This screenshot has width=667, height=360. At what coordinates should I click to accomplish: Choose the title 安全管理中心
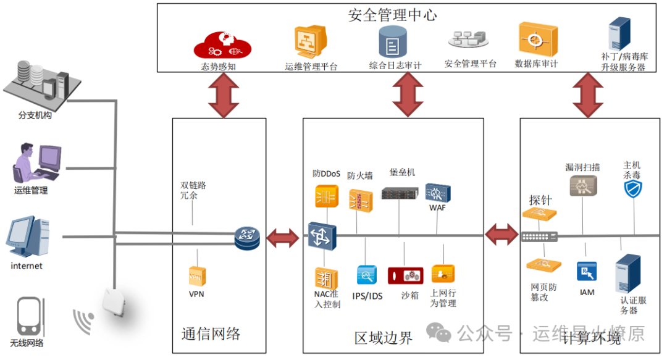point(392,15)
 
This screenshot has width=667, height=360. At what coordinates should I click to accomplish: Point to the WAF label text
point(437,207)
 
